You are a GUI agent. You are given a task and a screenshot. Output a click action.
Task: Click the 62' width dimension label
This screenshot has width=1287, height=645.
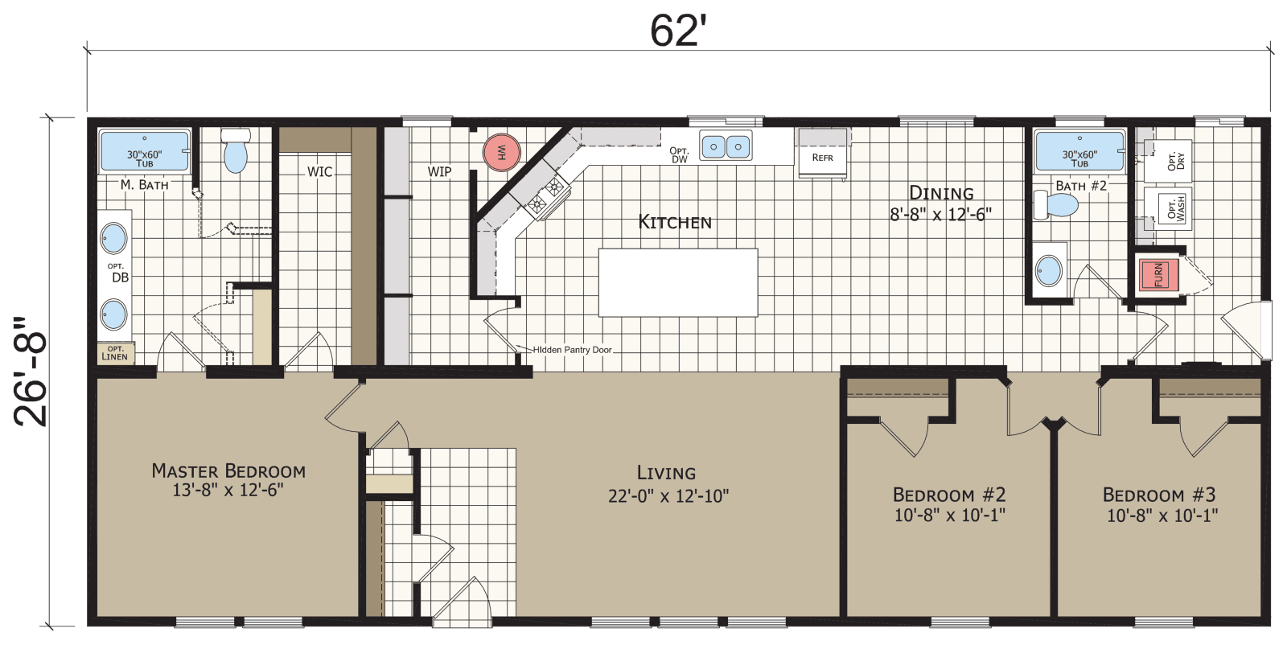pos(677,31)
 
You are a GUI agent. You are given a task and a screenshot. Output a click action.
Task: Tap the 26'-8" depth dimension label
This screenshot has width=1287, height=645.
pos(31,371)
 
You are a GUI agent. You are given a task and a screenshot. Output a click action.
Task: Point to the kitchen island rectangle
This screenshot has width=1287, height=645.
pos(677,282)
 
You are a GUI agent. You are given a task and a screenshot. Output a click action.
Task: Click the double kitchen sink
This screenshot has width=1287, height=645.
pos(726,146)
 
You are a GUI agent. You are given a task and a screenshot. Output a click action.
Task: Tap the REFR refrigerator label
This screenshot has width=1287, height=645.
pos(822,158)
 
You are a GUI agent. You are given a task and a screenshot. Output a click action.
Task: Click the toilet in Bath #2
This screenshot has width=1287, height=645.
pos(1057,204)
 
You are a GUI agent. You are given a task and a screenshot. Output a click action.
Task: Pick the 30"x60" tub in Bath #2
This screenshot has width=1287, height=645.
pos(1079,151)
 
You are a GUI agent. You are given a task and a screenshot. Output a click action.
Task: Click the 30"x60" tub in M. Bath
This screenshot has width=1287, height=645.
pos(145,151)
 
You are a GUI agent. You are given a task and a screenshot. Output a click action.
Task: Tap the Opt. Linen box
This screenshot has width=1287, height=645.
pos(115,353)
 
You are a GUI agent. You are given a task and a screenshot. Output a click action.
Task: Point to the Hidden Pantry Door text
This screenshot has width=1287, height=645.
pos(572,350)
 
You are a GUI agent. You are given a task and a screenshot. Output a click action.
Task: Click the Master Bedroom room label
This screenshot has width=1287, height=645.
pos(228,471)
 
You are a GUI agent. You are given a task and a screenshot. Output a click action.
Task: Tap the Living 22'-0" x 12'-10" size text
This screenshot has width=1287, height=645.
pos(668,496)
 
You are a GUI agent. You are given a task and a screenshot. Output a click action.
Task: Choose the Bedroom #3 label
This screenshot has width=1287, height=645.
pos(1158,495)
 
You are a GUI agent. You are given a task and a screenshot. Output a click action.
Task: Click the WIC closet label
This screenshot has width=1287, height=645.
pos(319,171)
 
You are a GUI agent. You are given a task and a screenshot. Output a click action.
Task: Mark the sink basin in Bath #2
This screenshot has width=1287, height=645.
pos(1049,270)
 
